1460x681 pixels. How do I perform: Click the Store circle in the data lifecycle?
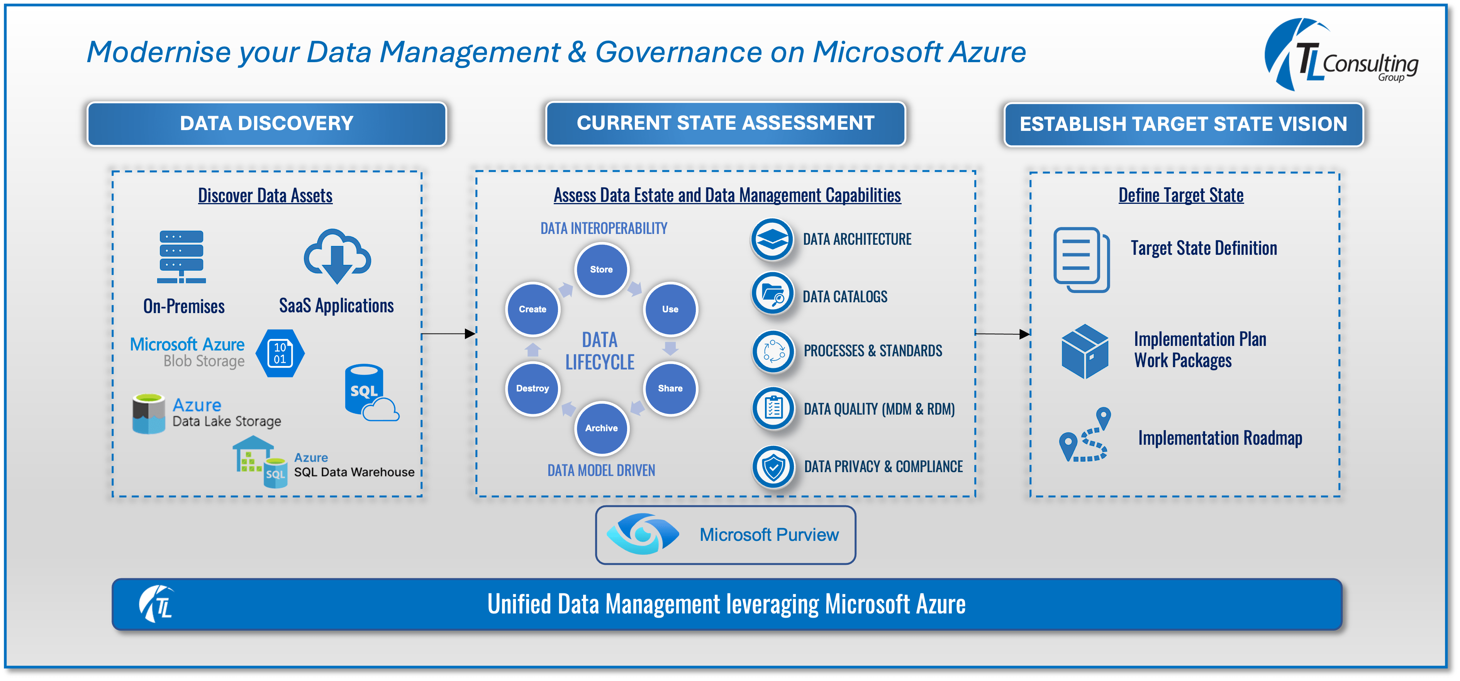click(601, 270)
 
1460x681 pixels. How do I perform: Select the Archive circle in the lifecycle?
click(601, 428)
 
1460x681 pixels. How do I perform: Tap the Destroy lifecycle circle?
click(532, 389)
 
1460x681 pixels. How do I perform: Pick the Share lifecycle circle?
click(670, 389)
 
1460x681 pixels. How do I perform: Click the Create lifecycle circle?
click(532, 309)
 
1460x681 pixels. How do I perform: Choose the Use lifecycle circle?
click(670, 309)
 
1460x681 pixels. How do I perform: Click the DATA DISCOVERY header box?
click(266, 124)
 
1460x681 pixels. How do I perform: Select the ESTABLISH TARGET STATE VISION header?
click(1184, 124)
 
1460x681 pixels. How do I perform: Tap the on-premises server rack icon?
click(181, 257)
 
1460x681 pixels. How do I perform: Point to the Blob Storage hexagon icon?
click(280, 353)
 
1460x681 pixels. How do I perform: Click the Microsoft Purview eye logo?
click(642, 534)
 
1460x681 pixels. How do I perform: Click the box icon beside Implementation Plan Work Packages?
click(1084, 351)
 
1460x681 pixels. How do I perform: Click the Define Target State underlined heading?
click(1180, 195)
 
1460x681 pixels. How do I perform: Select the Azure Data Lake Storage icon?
click(149, 413)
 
